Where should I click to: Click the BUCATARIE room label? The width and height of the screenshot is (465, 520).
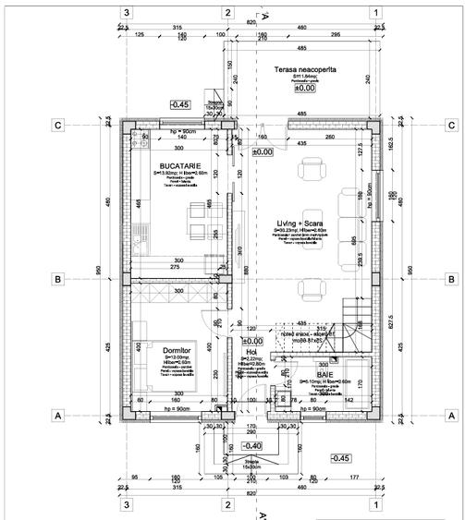coord(176,163)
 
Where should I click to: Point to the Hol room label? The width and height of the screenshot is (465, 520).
coord(250,352)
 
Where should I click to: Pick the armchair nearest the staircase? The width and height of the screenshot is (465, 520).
coord(312,289)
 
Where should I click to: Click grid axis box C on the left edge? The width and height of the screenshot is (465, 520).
coord(56,125)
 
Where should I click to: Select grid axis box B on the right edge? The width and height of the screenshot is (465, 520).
coord(450,278)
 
